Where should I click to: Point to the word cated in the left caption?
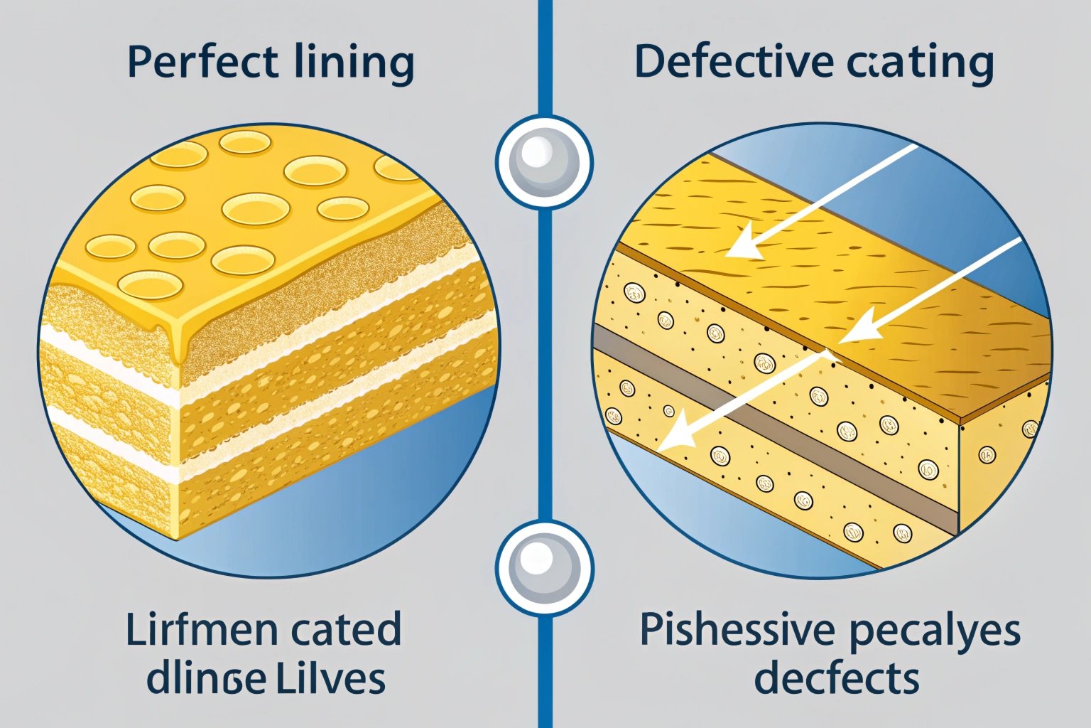[x=346, y=630]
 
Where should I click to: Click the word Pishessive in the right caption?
[x=737, y=630]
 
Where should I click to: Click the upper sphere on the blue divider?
[x=544, y=161]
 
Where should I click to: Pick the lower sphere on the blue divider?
[x=544, y=569]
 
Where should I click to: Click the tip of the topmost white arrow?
[x=729, y=255]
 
